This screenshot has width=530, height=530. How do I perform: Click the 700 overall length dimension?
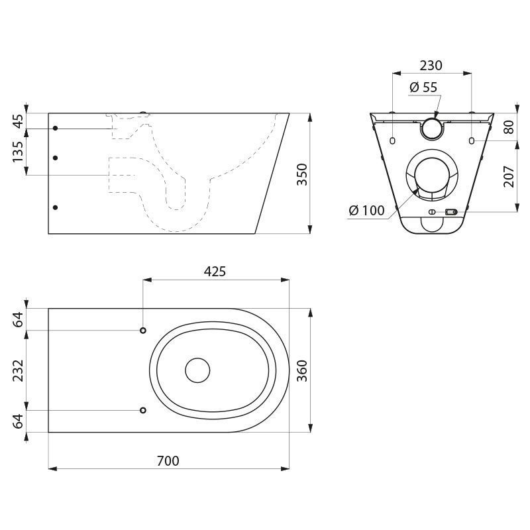(x=168, y=460)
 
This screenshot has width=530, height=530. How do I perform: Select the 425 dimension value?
(x=215, y=271)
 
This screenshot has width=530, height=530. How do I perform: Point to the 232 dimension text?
(x=18, y=370)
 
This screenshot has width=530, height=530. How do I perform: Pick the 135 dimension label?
(x=18, y=151)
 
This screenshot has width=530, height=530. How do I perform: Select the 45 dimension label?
(x=18, y=121)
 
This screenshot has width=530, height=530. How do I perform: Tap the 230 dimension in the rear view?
(x=431, y=66)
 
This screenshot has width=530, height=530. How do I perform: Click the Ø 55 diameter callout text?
(x=423, y=87)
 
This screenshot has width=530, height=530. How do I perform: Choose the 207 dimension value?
(x=509, y=176)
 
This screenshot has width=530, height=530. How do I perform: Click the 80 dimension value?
(x=509, y=127)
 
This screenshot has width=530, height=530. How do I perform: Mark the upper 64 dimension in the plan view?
(x=18, y=319)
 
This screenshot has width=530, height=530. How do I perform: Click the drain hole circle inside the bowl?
(x=197, y=370)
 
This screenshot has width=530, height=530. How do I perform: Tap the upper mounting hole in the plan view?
(x=143, y=330)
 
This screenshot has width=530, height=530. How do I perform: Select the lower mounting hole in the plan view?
(x=143, y=410)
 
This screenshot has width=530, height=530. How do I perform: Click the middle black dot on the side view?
(x=56, y=158)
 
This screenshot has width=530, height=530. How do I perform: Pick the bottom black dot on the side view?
(x=56, y=207)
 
